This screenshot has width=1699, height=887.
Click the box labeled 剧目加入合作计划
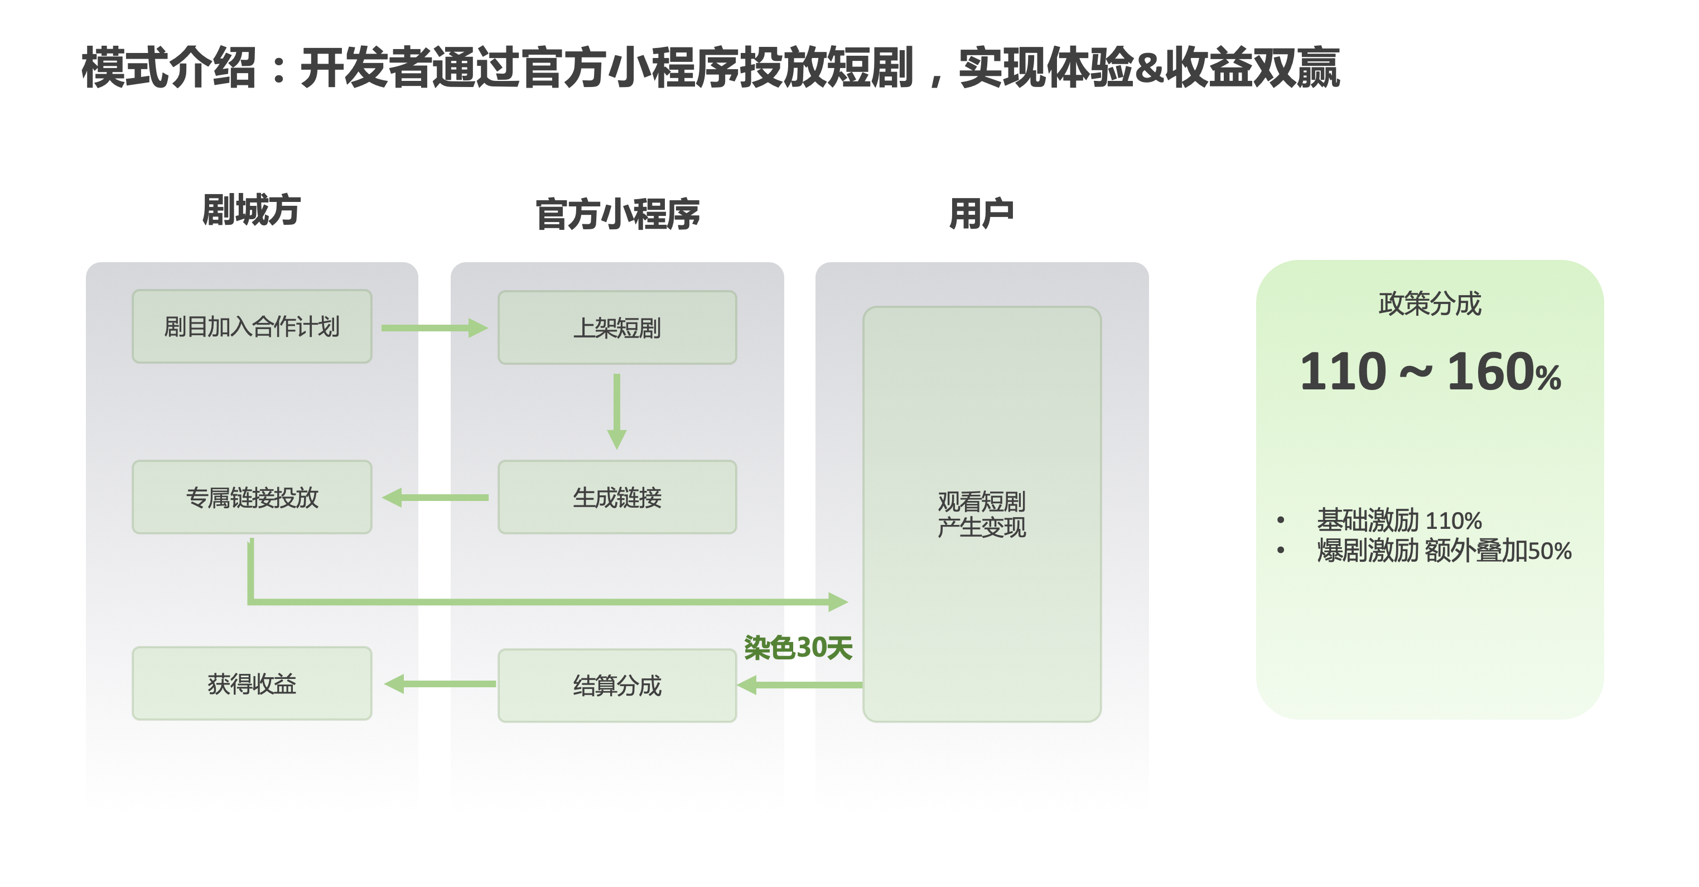pyautogui.click(x=252, y=326)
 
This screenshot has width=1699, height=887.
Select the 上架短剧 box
pyautogui.click(x=617, y=328)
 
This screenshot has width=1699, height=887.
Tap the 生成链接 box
pyautogui.click(x=617, y=497)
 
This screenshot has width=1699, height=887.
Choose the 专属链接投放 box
pyautogui.click(x=252, y=497)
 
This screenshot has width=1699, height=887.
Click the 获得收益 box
pyautogui.click(x=252, y=684)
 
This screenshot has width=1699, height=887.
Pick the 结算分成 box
pyautogui.click(x=617, y=685)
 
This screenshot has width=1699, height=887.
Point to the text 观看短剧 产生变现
pyautogui.click(x=981, y=514)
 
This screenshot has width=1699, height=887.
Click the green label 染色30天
pyautogui.click(x=798, y=648)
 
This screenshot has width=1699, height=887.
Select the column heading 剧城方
pyautogui.click(x=252, y=210)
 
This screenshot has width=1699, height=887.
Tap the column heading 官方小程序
pyautogui.click(x=617, y=214)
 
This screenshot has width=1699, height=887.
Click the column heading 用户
pyautogui.click(x=981, y=214)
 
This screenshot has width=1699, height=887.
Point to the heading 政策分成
pyautogui.click(x=1429, y=303)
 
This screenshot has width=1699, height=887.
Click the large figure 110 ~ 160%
pyautogui.click(x=1429, y=372)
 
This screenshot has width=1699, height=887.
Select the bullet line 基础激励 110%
pyautogui.click(x=1399, y=520)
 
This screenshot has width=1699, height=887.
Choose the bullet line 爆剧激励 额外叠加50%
pyautogui.click(x=1444, y=551)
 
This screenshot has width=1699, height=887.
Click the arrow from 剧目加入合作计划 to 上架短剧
pyautogui.click(x=434, y=328)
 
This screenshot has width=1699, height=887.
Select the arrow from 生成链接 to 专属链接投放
pyautogui.click(x=435, y=497)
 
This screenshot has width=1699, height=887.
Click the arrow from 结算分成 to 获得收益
pyautogui.click(x=440, y=684)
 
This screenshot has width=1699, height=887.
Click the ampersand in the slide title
pyautogui.click(x=1149, y=68)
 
